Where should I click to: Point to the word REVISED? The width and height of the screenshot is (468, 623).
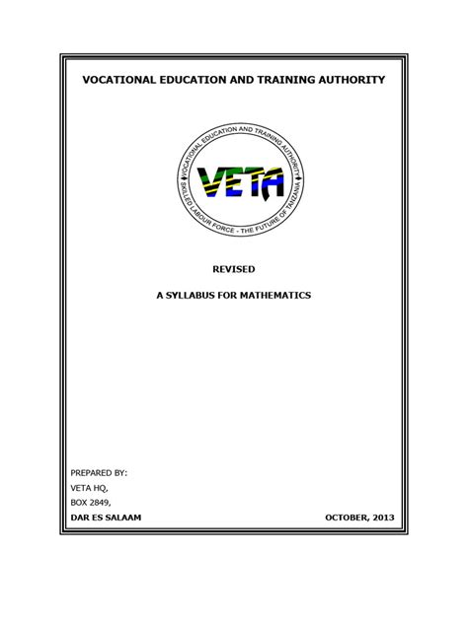coord(234,268)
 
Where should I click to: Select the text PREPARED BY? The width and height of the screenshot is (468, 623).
coord(100,473)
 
